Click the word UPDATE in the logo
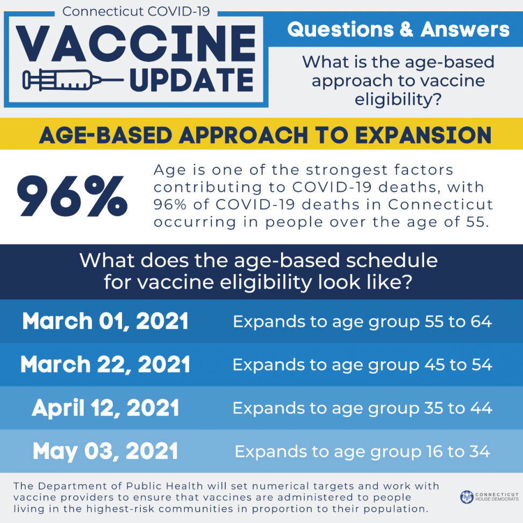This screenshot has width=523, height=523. tap(191, 81)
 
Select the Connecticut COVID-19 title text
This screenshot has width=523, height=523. tap(136, 11)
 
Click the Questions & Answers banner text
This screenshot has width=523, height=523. tap(398, 30)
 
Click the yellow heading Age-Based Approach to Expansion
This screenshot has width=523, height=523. tap(265, 135)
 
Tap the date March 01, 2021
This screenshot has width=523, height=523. tap(105, 321)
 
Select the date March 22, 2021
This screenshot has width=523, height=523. tap(105, 364)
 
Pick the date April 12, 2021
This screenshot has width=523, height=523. tap(105, 408)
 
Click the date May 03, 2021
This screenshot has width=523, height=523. tap(105, 451)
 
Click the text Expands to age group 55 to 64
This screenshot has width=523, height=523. tap(362, 321)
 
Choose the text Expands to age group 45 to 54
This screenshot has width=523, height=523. tap(362, 364)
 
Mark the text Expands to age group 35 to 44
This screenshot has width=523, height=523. tap(362, 408)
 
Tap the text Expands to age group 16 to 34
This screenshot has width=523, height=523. tap(362, 451)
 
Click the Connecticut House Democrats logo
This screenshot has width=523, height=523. tap(489, 497)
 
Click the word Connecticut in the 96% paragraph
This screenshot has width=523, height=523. tap(440, 205)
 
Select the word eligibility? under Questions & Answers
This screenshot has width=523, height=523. tap(398, 99)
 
